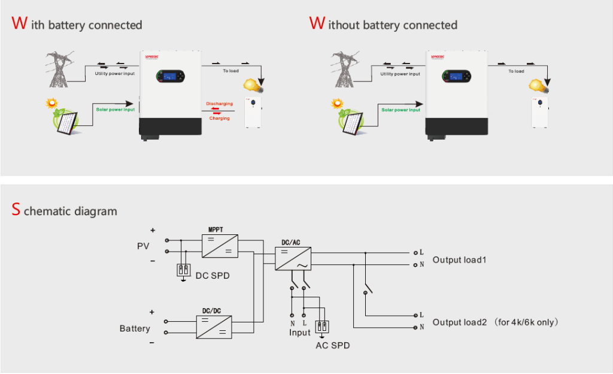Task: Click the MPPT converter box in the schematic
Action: click(220, 246)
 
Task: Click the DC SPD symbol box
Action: click(184, 270)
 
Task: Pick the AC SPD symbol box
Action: click(322, 327)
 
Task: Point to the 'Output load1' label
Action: click(459, 260)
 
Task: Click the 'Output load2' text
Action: click(460, 322)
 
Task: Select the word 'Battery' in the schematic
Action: click(135, 328)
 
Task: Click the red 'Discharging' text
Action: click(219, 104)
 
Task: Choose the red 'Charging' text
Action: click(219, 118)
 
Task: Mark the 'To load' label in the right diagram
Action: click(516, 71)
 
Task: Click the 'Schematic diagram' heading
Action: click(65, 211)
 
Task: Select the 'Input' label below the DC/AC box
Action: click(300, 333)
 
